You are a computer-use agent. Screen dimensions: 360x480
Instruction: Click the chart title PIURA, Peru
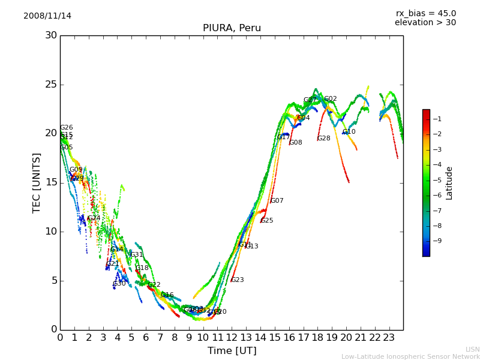coord(232,28)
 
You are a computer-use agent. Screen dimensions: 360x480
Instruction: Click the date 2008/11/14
coord(47,16)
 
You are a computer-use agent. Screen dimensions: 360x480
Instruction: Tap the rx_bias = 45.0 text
coord(425,13)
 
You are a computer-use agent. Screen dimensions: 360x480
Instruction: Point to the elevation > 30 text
coord(425,23)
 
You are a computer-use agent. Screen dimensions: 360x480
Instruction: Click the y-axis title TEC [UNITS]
coord(37,182)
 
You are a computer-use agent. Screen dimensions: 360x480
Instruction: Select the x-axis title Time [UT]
coord(232,351)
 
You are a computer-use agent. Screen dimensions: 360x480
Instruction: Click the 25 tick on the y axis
coord(51,85)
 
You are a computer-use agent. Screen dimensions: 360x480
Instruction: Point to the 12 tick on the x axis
coord(232,337)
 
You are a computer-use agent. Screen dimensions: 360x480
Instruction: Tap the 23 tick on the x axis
coord(389,337)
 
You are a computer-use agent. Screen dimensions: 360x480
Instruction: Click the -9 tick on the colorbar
coord(437,241)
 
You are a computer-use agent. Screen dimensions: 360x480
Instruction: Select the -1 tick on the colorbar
coord(437,119)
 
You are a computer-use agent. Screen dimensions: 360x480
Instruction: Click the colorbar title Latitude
coord(449,183)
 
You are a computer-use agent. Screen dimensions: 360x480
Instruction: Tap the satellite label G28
coord(324,139)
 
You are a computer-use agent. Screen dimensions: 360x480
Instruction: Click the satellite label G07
coord(277,201)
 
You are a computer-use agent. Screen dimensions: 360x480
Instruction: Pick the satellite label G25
coord(267,221)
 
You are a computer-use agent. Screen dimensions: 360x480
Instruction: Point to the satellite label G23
coord(238,280)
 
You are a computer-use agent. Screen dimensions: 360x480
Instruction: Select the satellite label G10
coord(349,132)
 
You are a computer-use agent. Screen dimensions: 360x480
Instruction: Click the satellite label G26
coord(67,128)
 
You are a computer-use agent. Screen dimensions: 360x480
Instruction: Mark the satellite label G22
coord(154,285)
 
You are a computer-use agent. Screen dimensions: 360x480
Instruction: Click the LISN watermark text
coord(473,349)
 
